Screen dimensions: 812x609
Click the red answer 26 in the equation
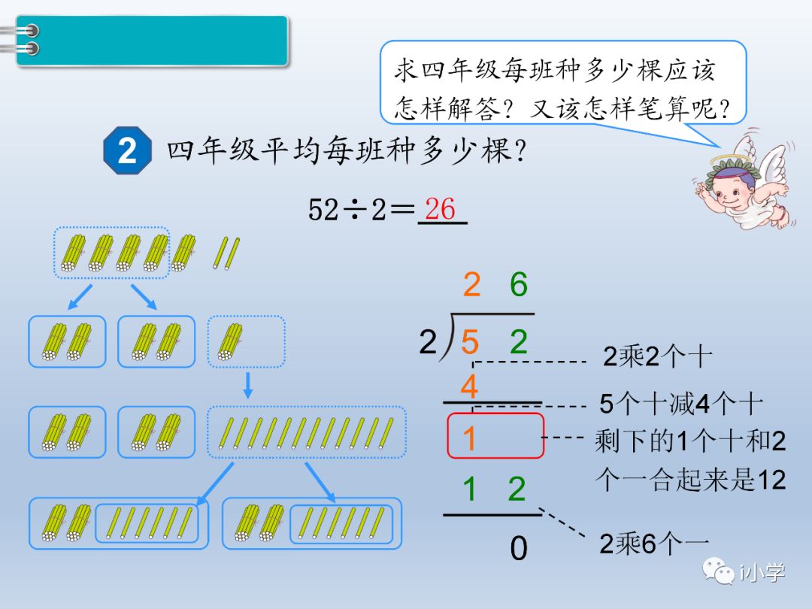point(441,208)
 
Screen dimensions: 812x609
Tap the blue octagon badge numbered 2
point(127,150)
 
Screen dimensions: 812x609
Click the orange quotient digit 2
point(471,285)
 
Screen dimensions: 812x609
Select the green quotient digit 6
point(518,285)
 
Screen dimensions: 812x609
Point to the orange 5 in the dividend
point(470,343)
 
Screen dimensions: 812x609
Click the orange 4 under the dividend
point(469,388)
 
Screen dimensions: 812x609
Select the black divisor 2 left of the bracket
point(428,343)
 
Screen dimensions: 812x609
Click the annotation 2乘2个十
point(656,356)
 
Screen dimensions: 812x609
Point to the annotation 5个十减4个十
point(680,404)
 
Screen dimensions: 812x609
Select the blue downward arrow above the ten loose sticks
point(248,385)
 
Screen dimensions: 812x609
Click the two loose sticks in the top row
point(226,253)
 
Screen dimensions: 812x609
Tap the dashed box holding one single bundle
point(246,341)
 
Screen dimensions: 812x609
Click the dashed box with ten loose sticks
point(306,432)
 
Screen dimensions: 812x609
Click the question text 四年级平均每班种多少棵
point(346,152)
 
